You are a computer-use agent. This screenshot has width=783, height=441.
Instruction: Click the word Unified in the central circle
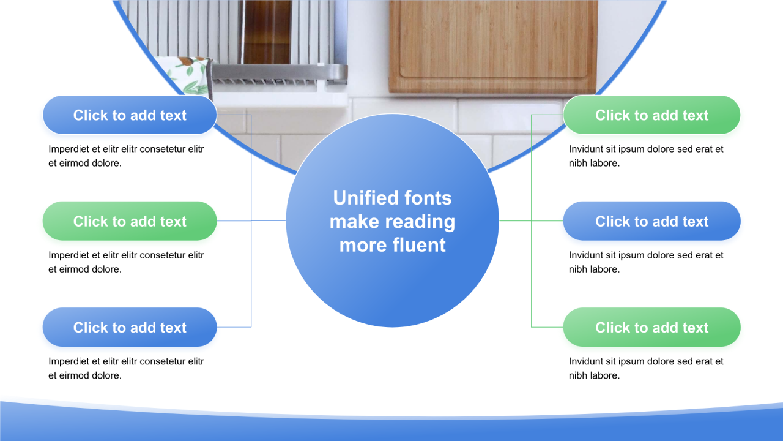362,198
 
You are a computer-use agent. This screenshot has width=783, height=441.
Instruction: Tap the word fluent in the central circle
419,244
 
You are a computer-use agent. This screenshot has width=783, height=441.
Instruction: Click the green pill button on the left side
130,221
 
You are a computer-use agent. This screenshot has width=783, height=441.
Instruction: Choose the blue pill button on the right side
651,221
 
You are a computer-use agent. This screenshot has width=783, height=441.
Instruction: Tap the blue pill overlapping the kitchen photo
130,115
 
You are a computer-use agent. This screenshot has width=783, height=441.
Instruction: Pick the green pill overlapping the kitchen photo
651,115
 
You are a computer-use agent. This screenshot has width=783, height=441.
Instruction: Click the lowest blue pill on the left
130,327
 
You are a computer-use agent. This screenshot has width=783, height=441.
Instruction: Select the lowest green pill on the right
651,327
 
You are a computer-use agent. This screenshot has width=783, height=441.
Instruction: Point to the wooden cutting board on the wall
493,46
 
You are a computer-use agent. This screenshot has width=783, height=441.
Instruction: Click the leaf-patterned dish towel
188,75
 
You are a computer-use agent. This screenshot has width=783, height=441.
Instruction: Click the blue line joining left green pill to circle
251,221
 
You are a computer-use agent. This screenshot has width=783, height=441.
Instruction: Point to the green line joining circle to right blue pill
531,221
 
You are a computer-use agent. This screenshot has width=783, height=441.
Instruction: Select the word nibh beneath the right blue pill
578,269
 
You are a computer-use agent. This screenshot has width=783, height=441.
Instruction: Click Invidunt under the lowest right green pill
586,361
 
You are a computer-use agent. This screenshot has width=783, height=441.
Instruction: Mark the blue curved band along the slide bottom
391,427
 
